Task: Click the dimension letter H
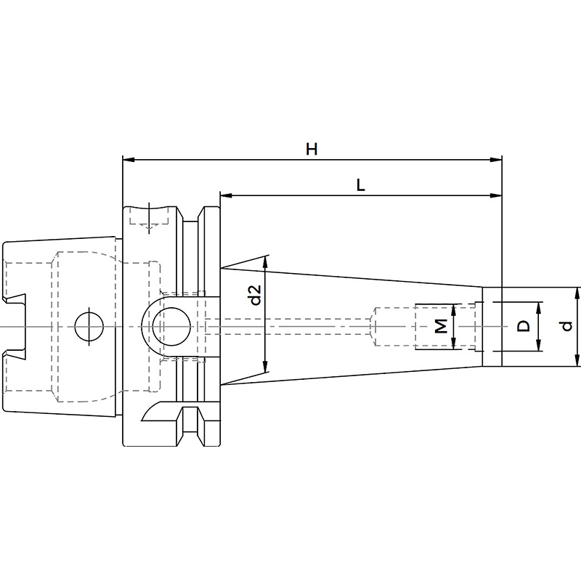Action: (312, 150)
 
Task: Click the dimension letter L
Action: (360, 185)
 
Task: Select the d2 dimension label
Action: (256, 295)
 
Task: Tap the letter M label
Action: (441, 326)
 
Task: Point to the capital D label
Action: (523, 326)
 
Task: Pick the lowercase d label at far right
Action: (566, 326)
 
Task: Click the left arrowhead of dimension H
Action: (129, 160)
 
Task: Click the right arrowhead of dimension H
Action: (496, 160)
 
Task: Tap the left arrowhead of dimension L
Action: (226, 195)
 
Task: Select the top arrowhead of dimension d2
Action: (265, 261)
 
